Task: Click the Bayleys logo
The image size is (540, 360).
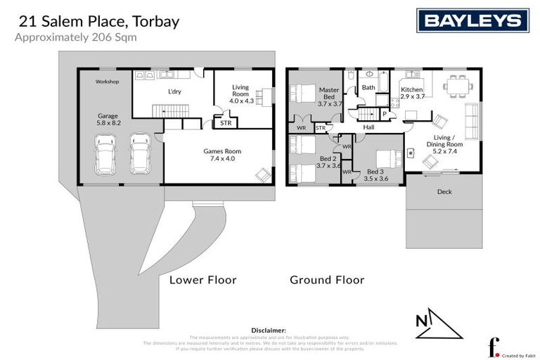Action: (x=472, y=21)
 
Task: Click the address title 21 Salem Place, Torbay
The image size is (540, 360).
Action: (x=97, y=21)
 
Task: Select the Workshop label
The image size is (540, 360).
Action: (x=108, y=82)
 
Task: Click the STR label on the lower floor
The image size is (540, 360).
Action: (x=226, y=122)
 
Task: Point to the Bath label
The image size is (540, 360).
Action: (x=368, y=88)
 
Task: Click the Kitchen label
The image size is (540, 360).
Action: (x=412, y=90)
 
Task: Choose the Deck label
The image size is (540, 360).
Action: (x=444, y=191)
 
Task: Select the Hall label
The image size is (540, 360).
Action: (x=368, y=127)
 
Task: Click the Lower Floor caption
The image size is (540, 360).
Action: (x=202, y=280)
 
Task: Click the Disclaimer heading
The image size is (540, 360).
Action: (x=269, y=330)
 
